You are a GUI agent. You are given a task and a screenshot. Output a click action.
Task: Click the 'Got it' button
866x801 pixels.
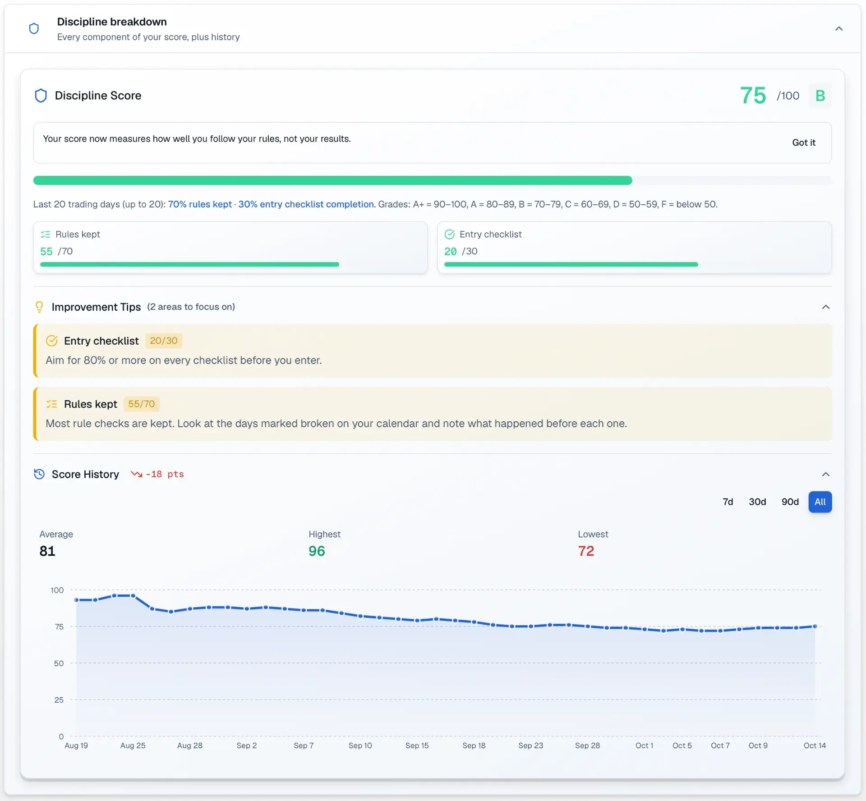(x=803, y=143)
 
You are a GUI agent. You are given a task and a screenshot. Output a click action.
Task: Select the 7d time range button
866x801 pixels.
(x=728, y=502)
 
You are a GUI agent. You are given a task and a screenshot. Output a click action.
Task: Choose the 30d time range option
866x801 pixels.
(x=757, y=502)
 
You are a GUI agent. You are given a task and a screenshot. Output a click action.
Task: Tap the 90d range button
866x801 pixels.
(x=790, y=502)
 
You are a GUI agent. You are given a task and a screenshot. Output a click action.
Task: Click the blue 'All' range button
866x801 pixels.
(x=820, y=502)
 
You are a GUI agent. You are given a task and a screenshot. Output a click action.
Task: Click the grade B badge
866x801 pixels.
(x=820, y=96)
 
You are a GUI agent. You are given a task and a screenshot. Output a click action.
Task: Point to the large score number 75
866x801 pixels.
(x=753, y=96)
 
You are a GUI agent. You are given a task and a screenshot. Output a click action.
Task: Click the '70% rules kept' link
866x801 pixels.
(x=200, y=204)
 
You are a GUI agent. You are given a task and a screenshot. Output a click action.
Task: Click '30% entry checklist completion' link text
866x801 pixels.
(x=306, y=204)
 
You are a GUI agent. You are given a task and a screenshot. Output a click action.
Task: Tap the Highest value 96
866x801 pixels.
(x=317, y=551)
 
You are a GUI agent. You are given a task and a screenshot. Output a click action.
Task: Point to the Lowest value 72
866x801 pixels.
(x=586, y=551)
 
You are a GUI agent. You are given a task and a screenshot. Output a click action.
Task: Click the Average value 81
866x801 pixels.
(x=47, y=551)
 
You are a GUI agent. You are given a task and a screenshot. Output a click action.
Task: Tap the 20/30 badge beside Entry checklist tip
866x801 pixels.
(x=163, y=341)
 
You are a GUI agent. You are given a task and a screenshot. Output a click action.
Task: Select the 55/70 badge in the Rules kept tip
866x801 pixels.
(x=141, y=404)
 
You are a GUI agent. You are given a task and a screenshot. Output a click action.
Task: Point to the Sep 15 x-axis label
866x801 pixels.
(x=417, y=746)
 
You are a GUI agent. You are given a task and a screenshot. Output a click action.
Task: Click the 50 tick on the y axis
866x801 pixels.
(x=59, y=663)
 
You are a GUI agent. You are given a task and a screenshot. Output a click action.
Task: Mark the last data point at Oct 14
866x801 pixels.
(x=815, y=626)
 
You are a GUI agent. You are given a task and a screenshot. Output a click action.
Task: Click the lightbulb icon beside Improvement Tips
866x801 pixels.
(x=39, y=307)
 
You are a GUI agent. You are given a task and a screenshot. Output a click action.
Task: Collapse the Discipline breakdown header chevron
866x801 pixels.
(x=838, y=28)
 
